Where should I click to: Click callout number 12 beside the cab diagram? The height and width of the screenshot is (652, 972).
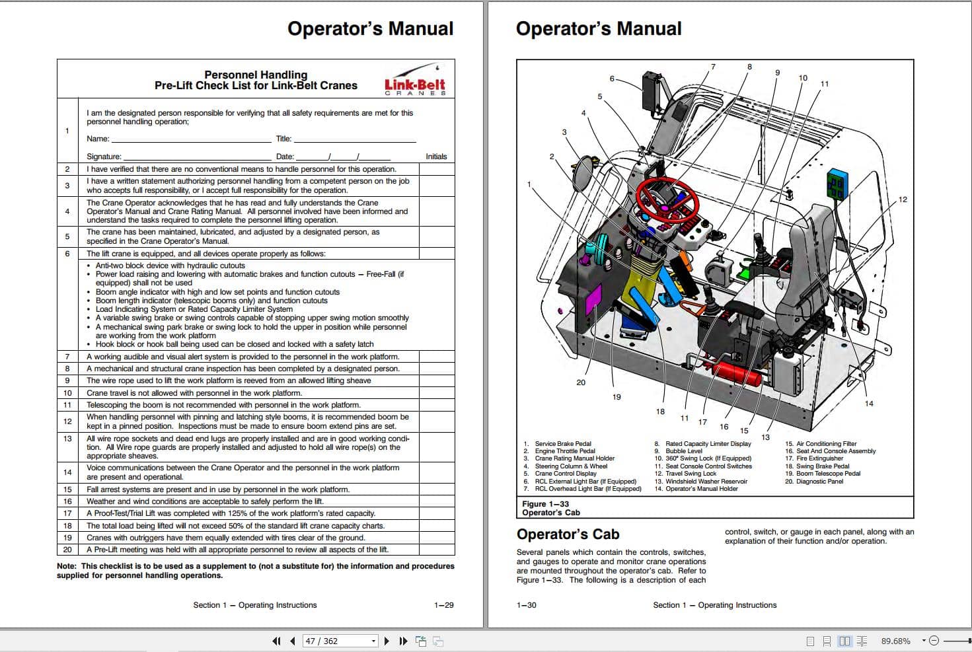(x=903, y=199)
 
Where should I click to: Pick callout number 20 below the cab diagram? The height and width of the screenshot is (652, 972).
(x=581, y=382)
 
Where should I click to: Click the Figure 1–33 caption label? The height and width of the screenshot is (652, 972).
(x=545, y=503)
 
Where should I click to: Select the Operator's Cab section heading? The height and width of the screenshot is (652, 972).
(x=568, y=534)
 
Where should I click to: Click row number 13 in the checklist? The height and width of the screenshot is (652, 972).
(x=67, y=439)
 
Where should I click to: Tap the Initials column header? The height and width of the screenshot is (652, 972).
(x=436, y=157)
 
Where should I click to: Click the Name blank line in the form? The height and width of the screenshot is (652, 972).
(x=192, y=139)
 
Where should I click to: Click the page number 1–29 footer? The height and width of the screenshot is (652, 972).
(x=443, y=605)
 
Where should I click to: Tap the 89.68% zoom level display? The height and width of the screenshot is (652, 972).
(x=895, y=641)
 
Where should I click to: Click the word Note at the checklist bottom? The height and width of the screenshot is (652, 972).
(x=66, y=566)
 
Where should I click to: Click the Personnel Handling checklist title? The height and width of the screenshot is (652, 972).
(x=256, y=75)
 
